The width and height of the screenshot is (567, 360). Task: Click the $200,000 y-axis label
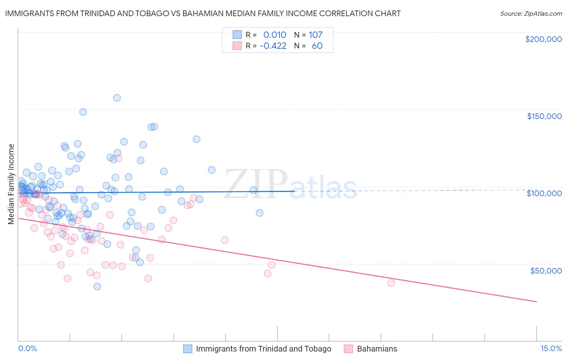(x=543, y=39)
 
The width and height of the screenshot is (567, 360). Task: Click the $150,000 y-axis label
(x=544, y=116)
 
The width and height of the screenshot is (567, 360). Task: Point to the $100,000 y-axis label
(x=544, y=193)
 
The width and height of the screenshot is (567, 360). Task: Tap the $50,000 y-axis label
(x=546, y=270)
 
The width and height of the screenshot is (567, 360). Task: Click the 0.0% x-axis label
(x=27, y=349)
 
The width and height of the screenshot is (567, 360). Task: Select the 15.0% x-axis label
(x=551, y=349)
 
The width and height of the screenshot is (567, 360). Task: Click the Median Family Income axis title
(x=11, y=184)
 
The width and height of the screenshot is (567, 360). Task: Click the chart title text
(x=203, y=13)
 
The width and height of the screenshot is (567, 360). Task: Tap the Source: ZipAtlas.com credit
(x=531, y=14)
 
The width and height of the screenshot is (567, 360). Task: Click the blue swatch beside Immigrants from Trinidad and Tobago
(x=188, y=349)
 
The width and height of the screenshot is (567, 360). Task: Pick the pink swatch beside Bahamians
(x=348, y=349)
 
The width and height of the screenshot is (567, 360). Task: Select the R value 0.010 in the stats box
(x=275, y=35)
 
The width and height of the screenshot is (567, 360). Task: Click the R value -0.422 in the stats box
(x=273, y=46)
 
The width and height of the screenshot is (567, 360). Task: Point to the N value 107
(x=316, y=35)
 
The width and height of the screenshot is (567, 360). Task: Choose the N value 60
(x=317, y=46)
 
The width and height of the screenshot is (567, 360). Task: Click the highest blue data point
(x=117, y=98)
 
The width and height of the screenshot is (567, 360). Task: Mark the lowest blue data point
(x=97, y=287)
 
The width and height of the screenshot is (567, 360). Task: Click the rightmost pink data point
(x=391, y=283)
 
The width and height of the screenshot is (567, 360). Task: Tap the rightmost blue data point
(x=260, y=213)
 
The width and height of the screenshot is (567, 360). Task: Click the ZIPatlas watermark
(x=290, y=184)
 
